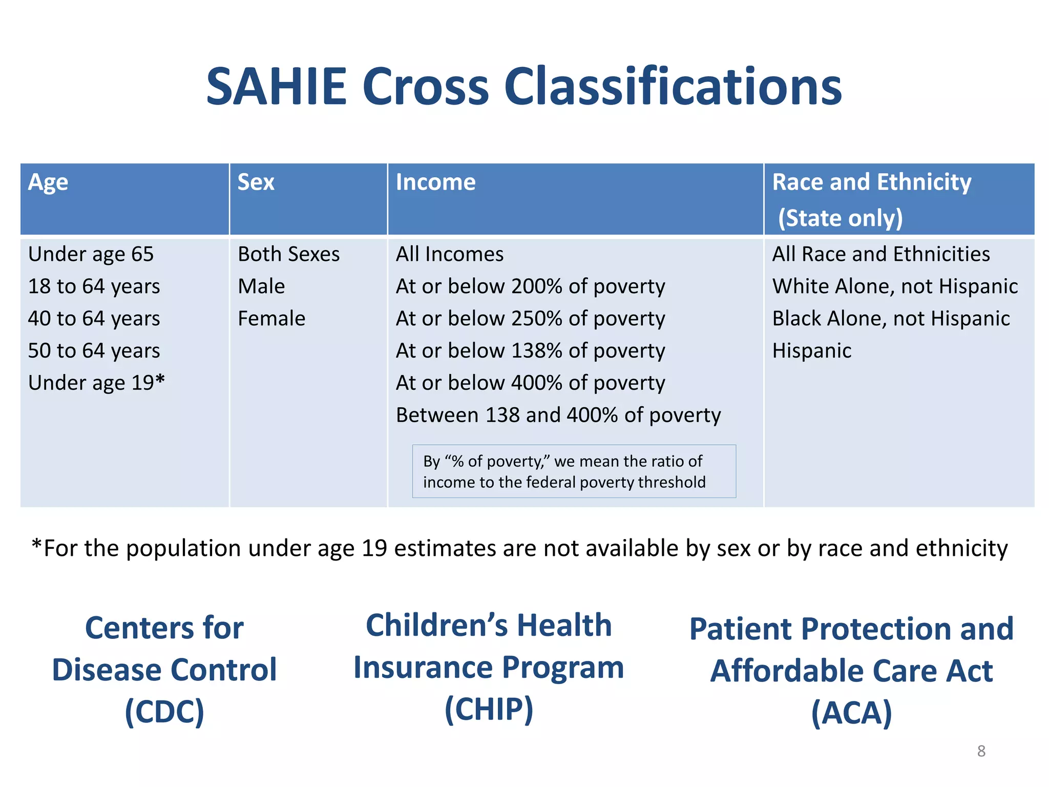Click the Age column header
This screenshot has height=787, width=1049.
click(x=48, y=182)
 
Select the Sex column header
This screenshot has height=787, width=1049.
click(x=256, y=182)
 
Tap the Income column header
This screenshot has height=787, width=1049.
click(x=435, y=182)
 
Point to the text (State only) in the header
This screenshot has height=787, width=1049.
click(x=840, y=218)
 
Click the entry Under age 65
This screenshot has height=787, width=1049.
click(x=91, y=254)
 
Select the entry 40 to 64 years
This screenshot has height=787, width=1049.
click(x=94, y=319)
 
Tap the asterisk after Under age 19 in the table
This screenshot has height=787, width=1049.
click(x=160, y=380)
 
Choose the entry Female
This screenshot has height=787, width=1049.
click(x=271, y=319)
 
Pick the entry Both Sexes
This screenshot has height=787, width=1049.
click(x=288, y=254)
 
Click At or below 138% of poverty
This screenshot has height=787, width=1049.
click(x=530, y=351)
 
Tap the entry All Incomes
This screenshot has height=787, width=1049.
click(x=449, y=254)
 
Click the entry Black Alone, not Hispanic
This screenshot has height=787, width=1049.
click(x=891, y=319)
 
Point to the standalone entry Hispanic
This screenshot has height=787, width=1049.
click(x=811, y=351)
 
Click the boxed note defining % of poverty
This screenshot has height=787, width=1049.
click(x=574, y=471)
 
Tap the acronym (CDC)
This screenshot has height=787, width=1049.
click(x=164, y=712)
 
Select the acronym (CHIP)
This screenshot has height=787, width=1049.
click(x=489, y=710)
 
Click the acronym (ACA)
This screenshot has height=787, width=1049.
click(x=851, y=713)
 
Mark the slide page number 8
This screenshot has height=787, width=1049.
click(x=981, y=751)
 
